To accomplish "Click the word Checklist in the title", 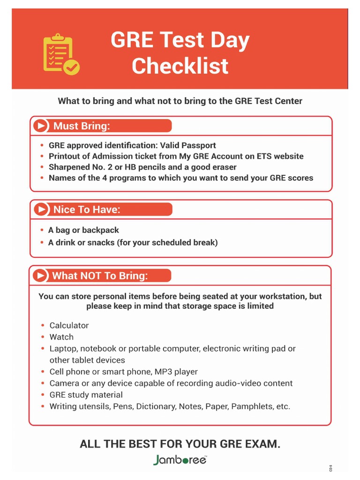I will tap(180, 66).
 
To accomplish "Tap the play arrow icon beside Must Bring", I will tap(41, 126).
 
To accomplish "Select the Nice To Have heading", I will tap(87, 210).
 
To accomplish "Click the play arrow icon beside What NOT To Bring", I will tap(41, 276).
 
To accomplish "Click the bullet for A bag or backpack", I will tap(42, 230).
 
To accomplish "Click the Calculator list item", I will tap(69, 325).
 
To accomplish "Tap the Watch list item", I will tap(61, 337).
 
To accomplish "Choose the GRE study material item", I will tap(86, 395).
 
